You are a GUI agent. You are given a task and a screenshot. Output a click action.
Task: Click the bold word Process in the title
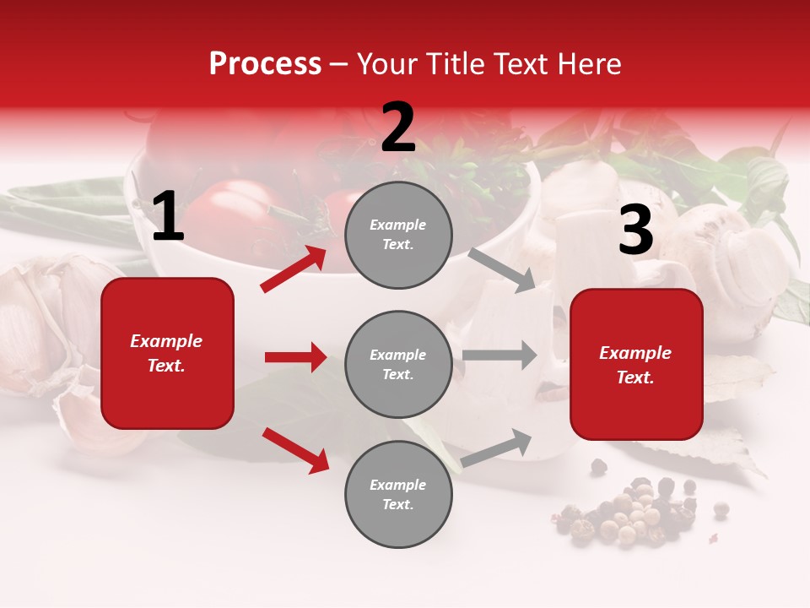pyautogui.click(x=265, y=64)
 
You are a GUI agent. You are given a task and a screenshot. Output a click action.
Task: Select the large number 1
pyautogui.click(x=168, y=217)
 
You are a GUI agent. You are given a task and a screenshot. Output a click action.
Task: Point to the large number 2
pyautogui.click(x=398, y=128)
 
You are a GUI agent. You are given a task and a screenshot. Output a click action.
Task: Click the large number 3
pyautogui.click(x=635, y=231)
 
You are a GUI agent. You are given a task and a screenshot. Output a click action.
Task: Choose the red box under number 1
pyautogui.click(x=168, y=353)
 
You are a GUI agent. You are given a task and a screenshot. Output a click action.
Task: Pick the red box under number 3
pyautogui.click(x=636, y=365)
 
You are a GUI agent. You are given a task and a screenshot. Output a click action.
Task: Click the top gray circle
pyautogui.click(x=398, y=235)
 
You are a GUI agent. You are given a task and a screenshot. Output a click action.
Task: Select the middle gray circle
pyautogui.click(x=398, y=365)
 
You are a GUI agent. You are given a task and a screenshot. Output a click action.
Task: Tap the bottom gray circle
pyautogui.click(x=398, y=495)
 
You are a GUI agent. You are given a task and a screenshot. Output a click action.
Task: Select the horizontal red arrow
pyautogui.click(x=295, y=357)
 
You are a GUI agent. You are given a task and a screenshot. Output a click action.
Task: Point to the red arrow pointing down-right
pyautogui.click(x=295, y=450)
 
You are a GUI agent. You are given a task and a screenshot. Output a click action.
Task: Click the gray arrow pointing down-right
pyautogui.click(x=502, y=269)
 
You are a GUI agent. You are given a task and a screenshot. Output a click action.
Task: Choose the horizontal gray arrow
pyautogui.click(x=499, y=355)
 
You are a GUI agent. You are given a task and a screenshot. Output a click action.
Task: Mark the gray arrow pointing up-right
pyautogui.click(x=496, y=448)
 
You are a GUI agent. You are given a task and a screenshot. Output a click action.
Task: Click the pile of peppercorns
pyautogui.click(x=629, y=511)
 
